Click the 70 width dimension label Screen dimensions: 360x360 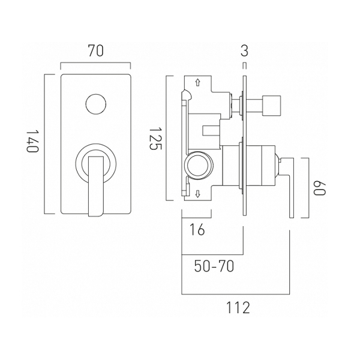(95, 51)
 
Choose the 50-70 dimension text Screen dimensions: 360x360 (214, 266)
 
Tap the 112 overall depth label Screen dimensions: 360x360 (238, 308)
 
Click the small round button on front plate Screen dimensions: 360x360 (96, 104)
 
